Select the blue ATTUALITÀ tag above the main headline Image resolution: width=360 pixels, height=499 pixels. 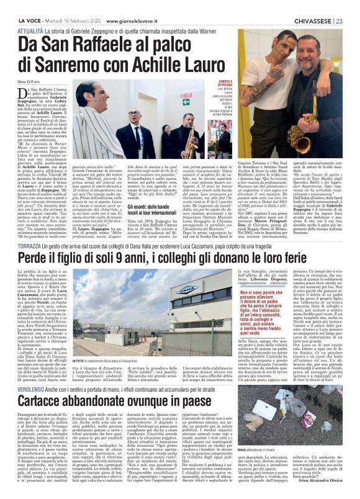(30, 29)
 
